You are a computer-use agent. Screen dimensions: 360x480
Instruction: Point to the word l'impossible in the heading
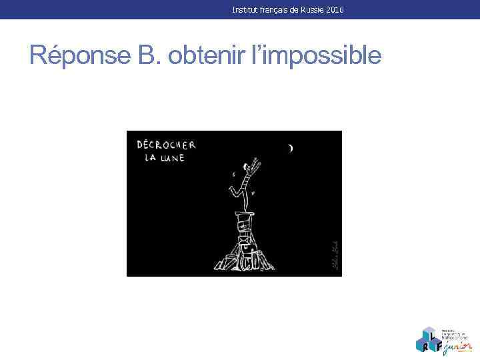click(x=317, y=55)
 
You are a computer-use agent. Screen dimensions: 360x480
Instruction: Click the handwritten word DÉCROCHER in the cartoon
click(x=166, y=145)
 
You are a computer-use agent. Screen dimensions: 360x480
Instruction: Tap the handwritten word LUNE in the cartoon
click(x=171, y=157)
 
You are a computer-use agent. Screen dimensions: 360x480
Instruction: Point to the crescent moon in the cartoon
click(x=290, y=148)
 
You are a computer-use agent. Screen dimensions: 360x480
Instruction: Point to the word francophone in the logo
click(x=455, y=337)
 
